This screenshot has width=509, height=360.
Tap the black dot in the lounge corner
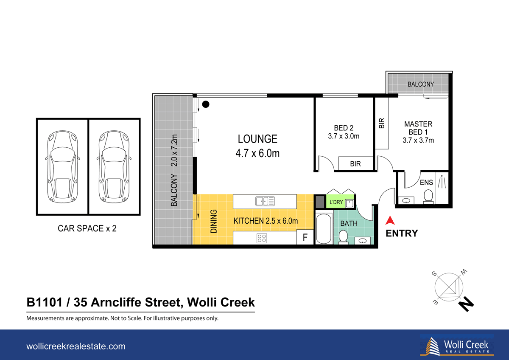pos(205,104)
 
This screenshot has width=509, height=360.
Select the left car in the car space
pos(62,166)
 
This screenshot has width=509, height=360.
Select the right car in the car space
pos(114,166)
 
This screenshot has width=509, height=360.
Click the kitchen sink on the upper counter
pos(265,200)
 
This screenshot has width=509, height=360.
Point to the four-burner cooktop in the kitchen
pos(262,238)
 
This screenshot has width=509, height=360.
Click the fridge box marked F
pos(305,237)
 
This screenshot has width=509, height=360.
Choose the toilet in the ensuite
pos(428,196)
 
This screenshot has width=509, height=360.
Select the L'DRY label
pos(336,202)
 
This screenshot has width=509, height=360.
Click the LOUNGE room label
pos(257,139)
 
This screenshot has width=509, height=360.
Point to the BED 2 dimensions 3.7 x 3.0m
pos(344,136)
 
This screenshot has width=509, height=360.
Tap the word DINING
pos(214,222)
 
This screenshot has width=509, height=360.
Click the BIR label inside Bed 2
pos(355,163)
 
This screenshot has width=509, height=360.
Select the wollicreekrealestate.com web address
pos(76,346)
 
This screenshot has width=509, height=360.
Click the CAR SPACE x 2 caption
pos(87,228)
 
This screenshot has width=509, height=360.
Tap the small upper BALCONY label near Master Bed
pos(420,84)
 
